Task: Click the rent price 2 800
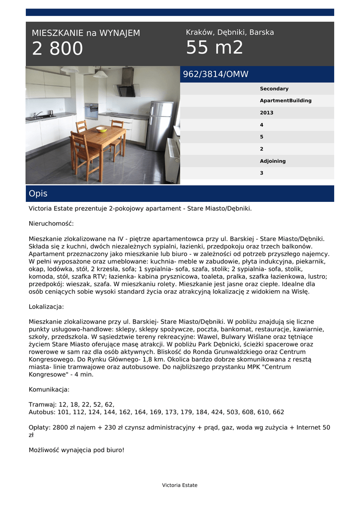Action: click(58, 49)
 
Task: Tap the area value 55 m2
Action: click(215, 48)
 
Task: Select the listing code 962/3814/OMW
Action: click(216, 74)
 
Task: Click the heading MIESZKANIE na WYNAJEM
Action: click(86, 33)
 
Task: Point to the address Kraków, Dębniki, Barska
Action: click(230, 32)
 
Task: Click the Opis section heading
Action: click(38, 193)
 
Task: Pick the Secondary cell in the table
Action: click(274, 89)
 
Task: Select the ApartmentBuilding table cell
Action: click(286, 101)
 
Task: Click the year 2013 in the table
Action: click(267, 113)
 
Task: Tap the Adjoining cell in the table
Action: click(273, 161)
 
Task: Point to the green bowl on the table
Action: click(101, 129)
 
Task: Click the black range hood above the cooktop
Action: click(127, 84)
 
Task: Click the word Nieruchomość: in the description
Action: click(51, 224)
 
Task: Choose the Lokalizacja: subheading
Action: click(46, 307)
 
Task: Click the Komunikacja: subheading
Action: click(49, 389)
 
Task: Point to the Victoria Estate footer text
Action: click(180, 485)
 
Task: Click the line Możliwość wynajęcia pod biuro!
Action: click(76, 450)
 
